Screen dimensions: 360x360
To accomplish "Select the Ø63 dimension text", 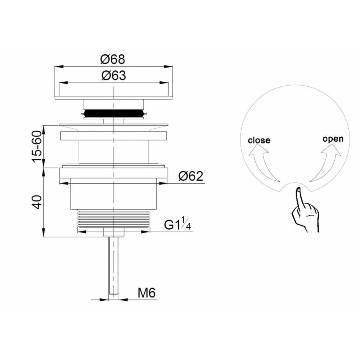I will point(113,76).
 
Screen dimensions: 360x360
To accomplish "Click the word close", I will point(259,140).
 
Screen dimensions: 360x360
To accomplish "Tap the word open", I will point(333,139).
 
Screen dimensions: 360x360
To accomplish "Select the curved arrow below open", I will point(326,164).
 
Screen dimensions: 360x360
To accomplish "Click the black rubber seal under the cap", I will point(114,114).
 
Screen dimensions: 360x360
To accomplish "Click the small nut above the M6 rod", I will point(114,232).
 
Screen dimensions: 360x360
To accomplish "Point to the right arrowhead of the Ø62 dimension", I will point(167,183).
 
